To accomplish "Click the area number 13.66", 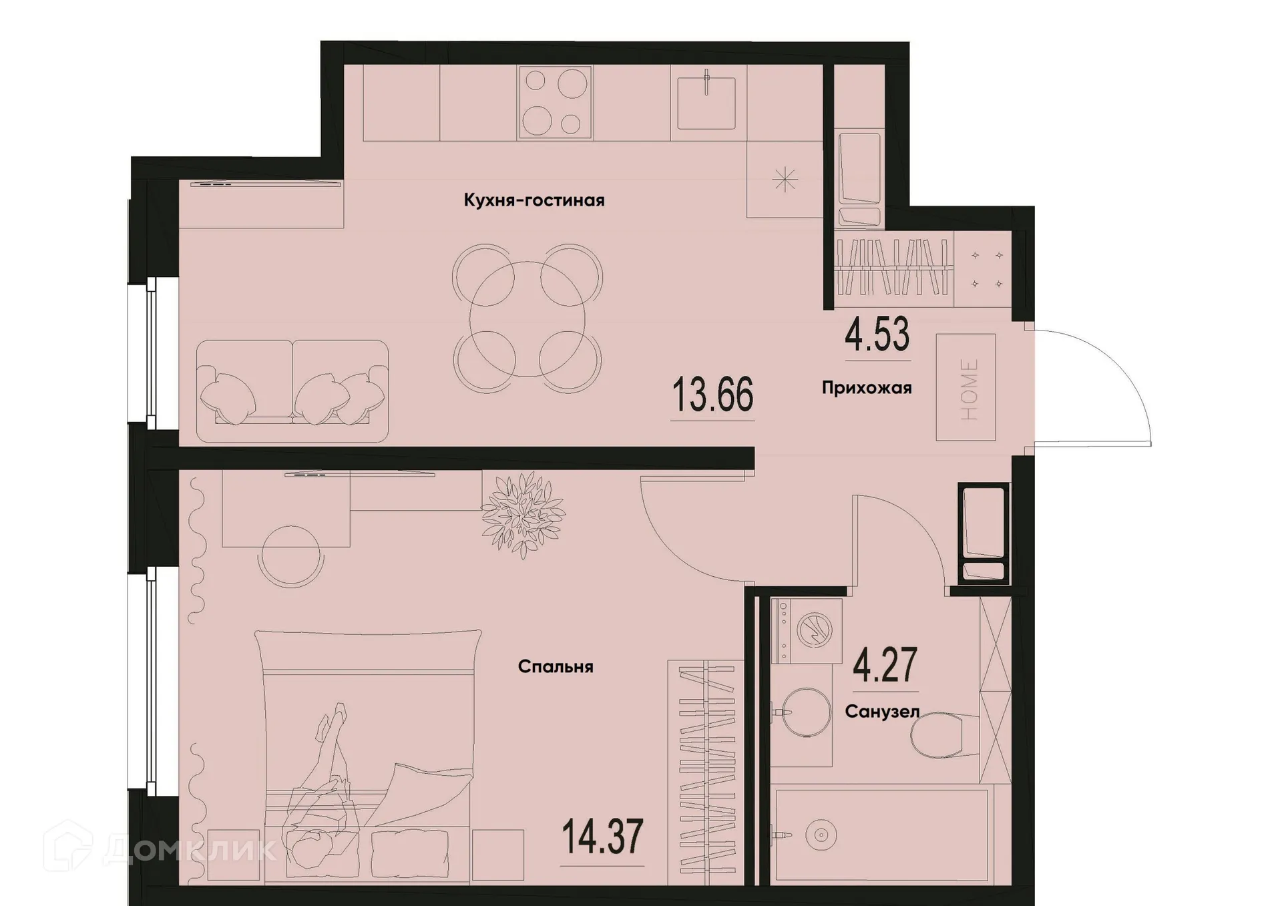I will pos(712,395).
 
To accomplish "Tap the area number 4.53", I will pos(877,336).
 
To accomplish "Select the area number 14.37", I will pos(602,837).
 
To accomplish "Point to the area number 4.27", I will pos(885,666).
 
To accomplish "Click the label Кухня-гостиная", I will pos(534,200).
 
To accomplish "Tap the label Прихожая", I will pos(867,388).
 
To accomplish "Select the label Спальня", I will pos(556,667).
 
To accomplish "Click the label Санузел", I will pos(882,712).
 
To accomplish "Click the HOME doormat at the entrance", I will pos(966,388).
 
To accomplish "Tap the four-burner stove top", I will pos(556,102).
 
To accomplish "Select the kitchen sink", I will pos(706,103).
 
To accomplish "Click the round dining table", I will pos(527,318).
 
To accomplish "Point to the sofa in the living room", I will pos(292,391).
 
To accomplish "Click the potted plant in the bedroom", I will pos(523,515).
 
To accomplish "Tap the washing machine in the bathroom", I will pos(806,630).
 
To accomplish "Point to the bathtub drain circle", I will pos(821,835).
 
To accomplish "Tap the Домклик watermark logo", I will pos(160,849).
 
